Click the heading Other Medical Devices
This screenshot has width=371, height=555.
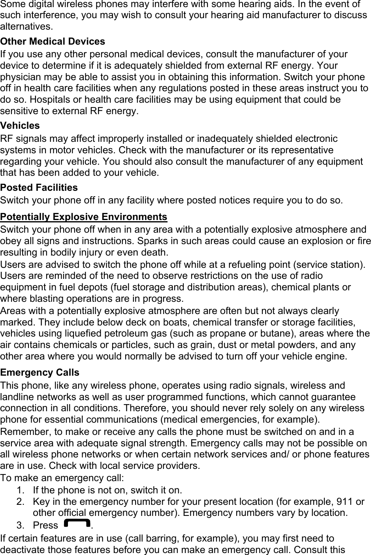click(x=53, y=41)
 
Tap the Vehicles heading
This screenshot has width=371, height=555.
click(x=20, y=126)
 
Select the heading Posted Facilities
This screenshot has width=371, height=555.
click(x=39, y=187)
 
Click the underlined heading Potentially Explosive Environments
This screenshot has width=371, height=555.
click(x=84, y=217)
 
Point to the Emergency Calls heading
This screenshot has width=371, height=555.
click(x=40, y=373)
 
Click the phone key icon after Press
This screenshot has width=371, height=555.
click(x=76, y=524)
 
